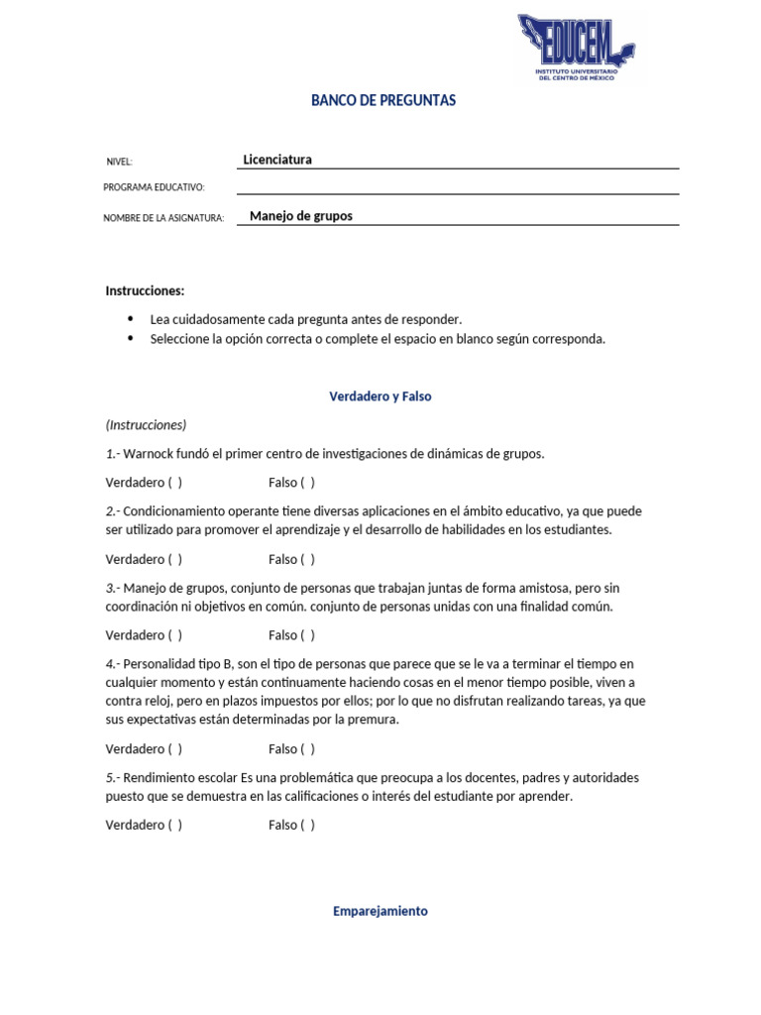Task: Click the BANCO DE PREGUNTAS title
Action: [x=383, y=101]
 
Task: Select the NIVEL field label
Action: [x=119, y=162]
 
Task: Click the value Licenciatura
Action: [x=277, y=159]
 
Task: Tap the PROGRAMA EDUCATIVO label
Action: [x=154, y=187]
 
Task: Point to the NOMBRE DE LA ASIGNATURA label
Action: [x=163, y=218]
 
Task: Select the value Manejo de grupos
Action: [x=301, y=216]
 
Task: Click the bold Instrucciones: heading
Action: [x=145, y=290]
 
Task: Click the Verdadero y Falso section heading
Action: [x=380, y=396]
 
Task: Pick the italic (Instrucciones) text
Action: [x=146, y=425]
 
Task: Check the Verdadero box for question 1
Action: [x=174, y=483]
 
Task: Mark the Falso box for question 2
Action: [x=307, y=559]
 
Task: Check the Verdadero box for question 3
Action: [x=174, y=635]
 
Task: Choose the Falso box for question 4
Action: [x=307, y=749]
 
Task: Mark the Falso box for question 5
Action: [x=307, y=826]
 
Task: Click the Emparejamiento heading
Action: [x=380, y=911]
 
